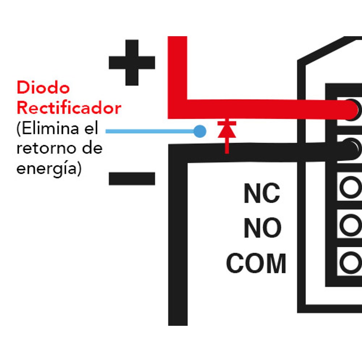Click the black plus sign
tap(132, 63)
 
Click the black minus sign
tap(132, 178)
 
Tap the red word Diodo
tap(43, 88)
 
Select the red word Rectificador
tap(69, 108)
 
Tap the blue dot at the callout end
tap(200, 131)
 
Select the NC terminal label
tap(262, 193)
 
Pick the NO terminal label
tap(262, 228)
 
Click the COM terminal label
tap(256, 264)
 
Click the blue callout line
tap(150, 131)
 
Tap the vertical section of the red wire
tap(177, 77)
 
